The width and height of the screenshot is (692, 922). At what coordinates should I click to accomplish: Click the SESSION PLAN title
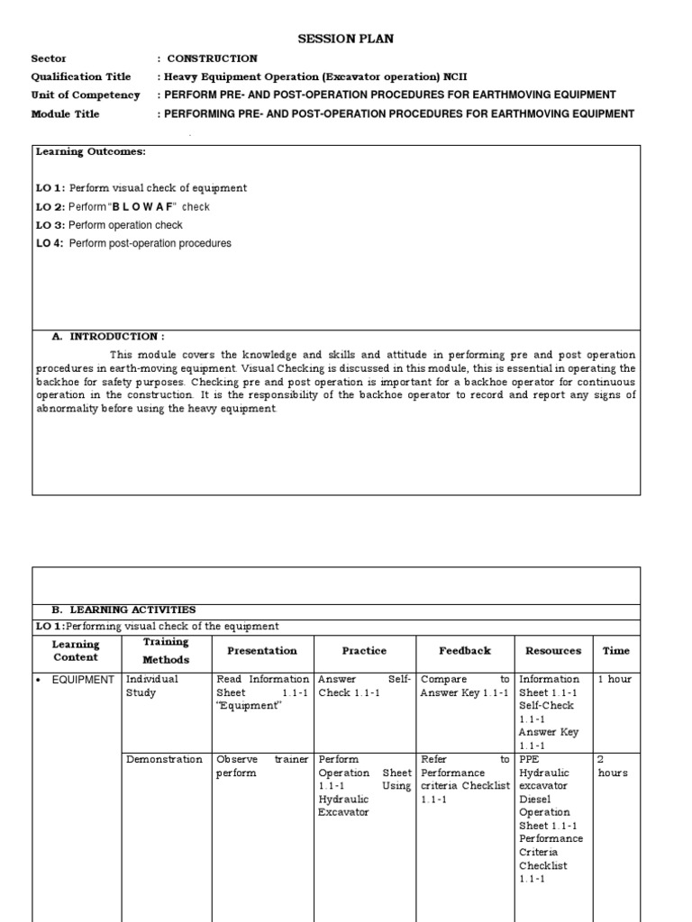pos(346,39)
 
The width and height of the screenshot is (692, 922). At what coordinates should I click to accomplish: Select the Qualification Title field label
pos(81,77)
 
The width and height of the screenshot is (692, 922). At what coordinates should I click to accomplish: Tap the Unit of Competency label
pos(86,95)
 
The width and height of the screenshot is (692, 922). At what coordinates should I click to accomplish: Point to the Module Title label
pos(66,113)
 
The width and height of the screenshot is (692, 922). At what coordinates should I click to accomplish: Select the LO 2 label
pos(50,206)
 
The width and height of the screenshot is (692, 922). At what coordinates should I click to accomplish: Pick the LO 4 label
pos(50,243)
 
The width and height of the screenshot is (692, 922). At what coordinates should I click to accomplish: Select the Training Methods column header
pos(166,651)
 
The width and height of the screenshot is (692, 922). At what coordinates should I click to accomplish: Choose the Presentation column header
pos(262,650)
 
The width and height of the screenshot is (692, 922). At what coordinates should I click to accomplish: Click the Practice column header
pos(364,650)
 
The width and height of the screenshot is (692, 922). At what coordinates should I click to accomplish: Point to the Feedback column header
pos(465,650)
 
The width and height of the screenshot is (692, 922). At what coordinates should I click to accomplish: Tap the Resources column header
pos(553,650)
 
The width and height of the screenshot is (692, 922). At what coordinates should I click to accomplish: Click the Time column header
pos(616,650)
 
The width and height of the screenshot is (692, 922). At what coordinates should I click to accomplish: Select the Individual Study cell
pos(152,686)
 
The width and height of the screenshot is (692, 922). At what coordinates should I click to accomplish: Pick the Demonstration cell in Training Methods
pos(164,759)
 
